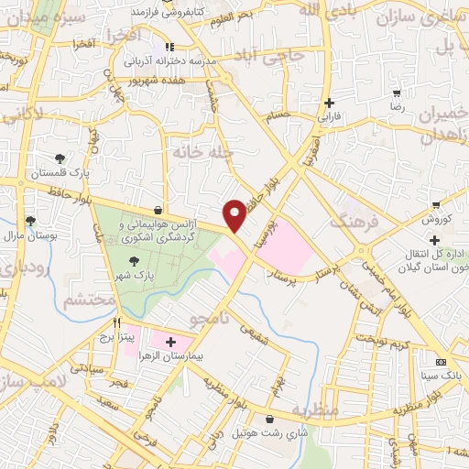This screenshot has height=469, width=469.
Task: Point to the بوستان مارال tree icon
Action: [30, 221]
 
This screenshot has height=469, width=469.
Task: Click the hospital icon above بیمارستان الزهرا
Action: [170, 342]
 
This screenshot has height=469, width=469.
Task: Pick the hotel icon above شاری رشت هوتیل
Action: [269, 419]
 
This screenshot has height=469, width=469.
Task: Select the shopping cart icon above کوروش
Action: [437, 205]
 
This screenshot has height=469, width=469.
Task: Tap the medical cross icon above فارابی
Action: [328, 103]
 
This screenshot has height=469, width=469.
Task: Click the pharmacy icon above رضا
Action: [397, 93]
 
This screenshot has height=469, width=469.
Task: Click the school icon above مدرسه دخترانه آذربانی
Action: [169, 47]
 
